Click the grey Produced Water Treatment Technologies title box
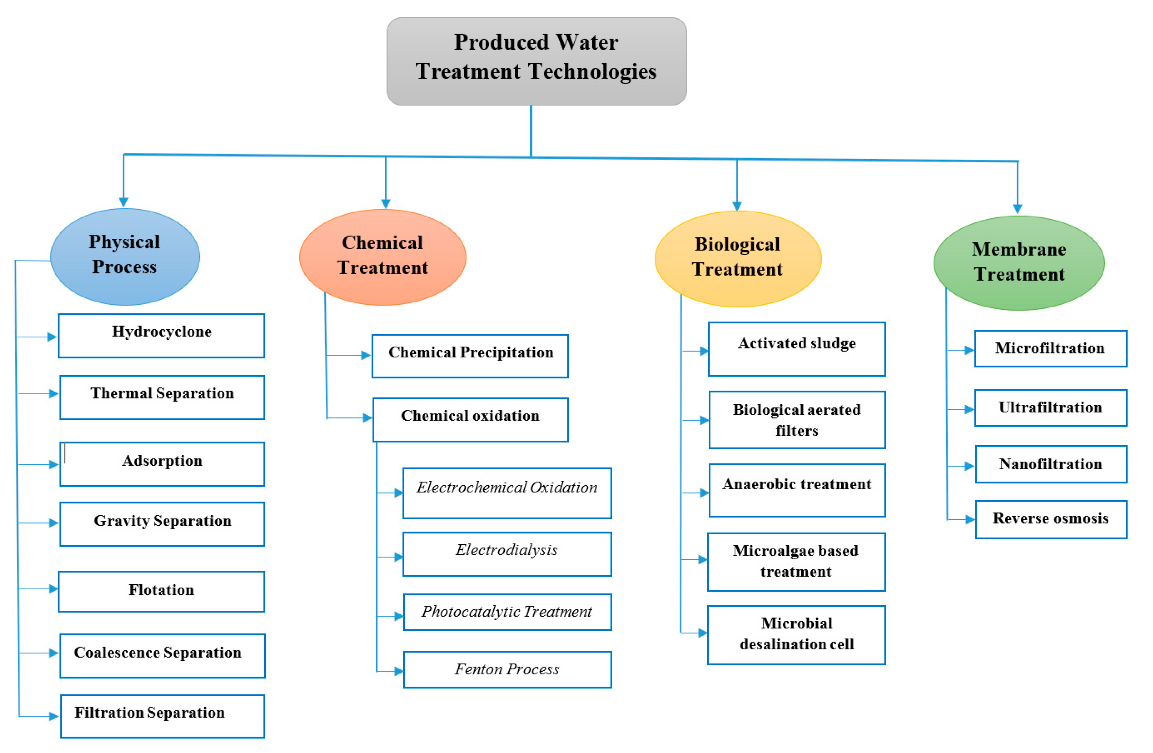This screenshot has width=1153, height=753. coord(536,61)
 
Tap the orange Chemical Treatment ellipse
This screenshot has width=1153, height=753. coord(382,257)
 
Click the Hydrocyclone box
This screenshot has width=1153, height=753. coord(161,336)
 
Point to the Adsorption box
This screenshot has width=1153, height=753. coord(162,464)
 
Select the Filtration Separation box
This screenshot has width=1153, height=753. coord(162,716)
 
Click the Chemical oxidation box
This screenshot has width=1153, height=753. coord(470,420)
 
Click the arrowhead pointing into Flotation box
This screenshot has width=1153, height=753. coord(53,589)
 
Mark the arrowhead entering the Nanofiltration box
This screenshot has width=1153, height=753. coord(969,466)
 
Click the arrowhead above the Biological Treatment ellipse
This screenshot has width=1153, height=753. coord(737,206)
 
